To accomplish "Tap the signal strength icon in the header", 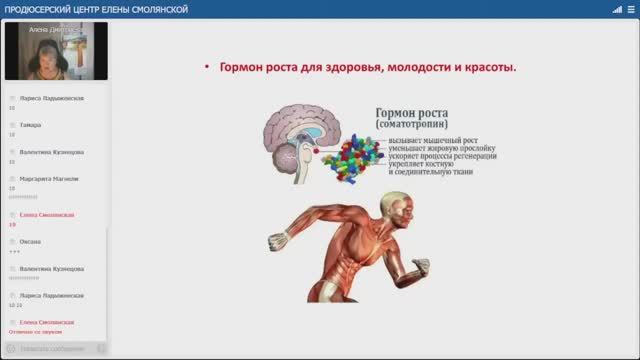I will coord(607,10).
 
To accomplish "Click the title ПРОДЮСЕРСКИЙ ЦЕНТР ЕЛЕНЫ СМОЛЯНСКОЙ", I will coord(80,10).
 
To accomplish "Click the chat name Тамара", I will coord(31,125).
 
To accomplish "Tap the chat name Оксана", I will coord(31,242).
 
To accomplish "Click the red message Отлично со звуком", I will coord(38,330).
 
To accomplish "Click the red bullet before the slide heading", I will coord(207,68).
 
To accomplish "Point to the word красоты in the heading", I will coord(486,68).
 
